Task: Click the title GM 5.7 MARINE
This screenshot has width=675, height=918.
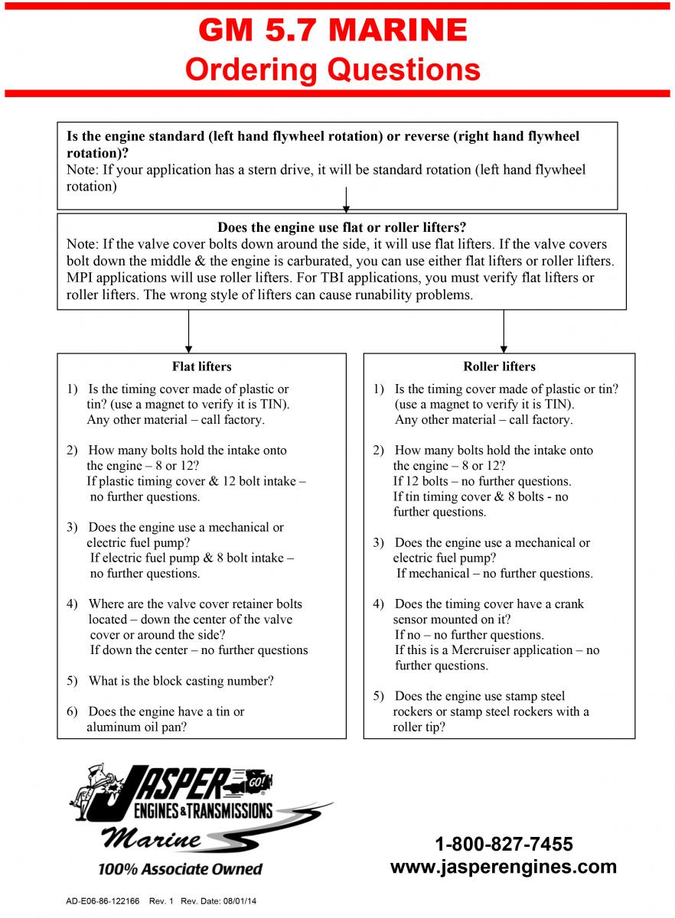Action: (333, 31)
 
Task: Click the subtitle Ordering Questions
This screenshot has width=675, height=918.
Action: (333, 70)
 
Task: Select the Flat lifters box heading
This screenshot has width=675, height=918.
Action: (201, 366)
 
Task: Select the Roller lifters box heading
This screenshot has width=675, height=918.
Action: (499, 366)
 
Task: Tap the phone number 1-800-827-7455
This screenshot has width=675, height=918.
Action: (504, 845)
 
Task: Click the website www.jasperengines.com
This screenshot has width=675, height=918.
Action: (504, 867)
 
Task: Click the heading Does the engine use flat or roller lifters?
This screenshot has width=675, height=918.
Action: (342, 227)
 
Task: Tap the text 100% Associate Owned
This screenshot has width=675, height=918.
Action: (180, 869)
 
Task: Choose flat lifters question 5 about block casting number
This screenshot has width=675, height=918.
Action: (181, 681)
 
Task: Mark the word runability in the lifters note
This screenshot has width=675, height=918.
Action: (345, 294)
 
